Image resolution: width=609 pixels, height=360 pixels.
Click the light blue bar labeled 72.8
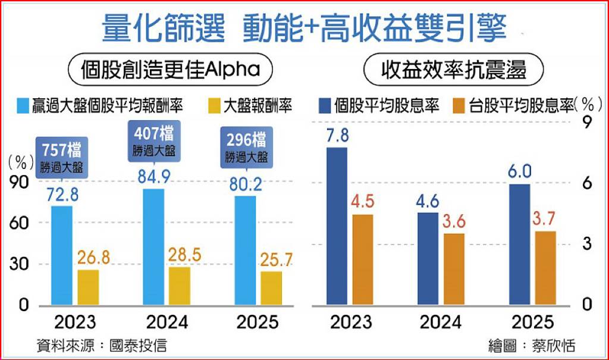tap(62, 256)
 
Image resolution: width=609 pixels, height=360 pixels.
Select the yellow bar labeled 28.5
tap(180, 286)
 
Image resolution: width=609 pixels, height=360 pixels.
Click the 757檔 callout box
tap(62, 156)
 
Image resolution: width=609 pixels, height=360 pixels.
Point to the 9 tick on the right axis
tap(587, 123)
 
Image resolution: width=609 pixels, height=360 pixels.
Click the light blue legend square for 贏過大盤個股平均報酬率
tap(22, 106)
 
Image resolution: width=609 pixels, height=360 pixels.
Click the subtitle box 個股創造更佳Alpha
tap(171, 70)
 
